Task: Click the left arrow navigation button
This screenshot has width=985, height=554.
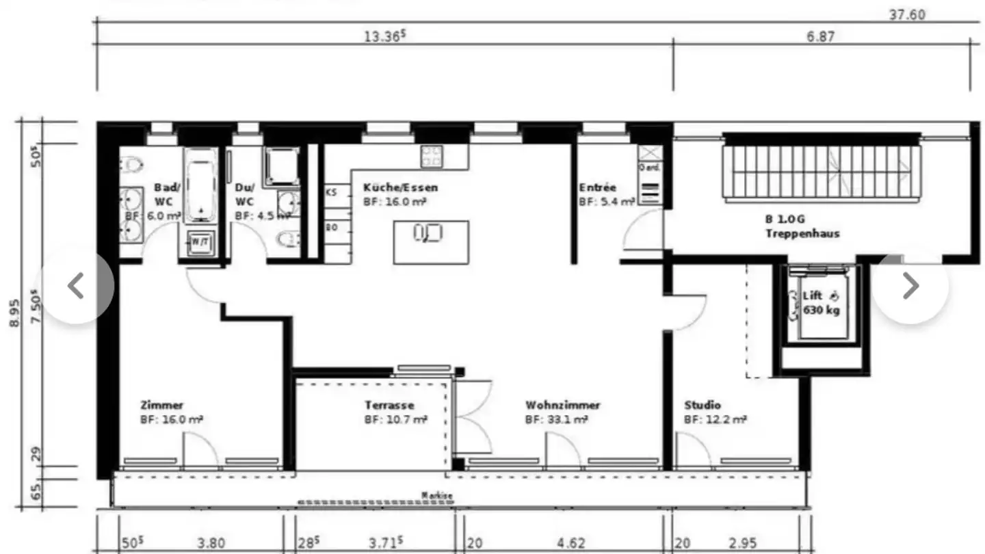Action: tap(77, 286)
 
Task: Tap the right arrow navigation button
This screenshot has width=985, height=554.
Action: tap(910, 286)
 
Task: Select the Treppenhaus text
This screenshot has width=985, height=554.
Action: tap(802, 233)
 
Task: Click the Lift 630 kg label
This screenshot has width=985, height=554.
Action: tap(821, 303)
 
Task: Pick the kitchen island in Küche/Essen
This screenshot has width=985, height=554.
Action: tap(431, 241)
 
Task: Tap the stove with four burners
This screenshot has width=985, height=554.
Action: tap(432, 156)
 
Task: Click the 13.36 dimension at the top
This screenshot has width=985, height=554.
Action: tap(382, 36)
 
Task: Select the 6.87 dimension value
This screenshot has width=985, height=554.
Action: tap(820, 36)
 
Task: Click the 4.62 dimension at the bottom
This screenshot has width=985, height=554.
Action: tap(570, 544)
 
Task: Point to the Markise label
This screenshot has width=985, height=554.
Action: tap(436, 496)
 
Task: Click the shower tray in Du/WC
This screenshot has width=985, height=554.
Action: tap(281, 165)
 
